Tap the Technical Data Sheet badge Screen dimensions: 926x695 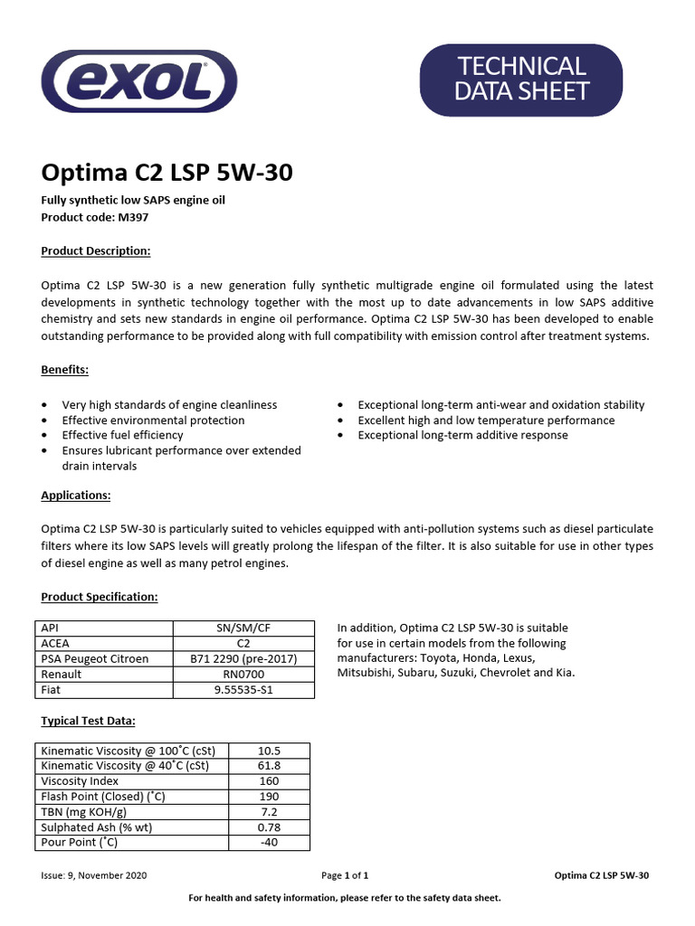tap(522, 79)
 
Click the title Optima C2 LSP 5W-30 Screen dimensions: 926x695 tap(167, 173)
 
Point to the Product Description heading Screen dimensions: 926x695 tap(96, 250)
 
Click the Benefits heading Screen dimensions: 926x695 tap(64, 370)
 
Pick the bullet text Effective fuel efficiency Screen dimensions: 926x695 tap(122, 435)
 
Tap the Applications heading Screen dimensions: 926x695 tap(76, 496)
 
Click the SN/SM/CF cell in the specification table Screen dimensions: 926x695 tap(243, 628)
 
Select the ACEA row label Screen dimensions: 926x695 tap(57, 643)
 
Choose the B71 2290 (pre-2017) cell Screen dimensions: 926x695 tap(243, 658)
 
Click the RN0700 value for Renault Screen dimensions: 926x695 tap(243, 674)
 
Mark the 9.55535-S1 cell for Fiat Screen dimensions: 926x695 tap(243, 689)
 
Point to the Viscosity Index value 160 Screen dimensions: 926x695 tap(269, 780)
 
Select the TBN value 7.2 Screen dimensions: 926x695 tap(269, 811)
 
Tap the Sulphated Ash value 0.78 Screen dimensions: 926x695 tap(269, 827)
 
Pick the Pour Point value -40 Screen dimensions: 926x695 tap(269, 842)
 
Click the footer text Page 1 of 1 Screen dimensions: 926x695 tap(345, 875)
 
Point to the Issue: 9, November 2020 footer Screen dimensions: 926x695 tap(94, 875)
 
